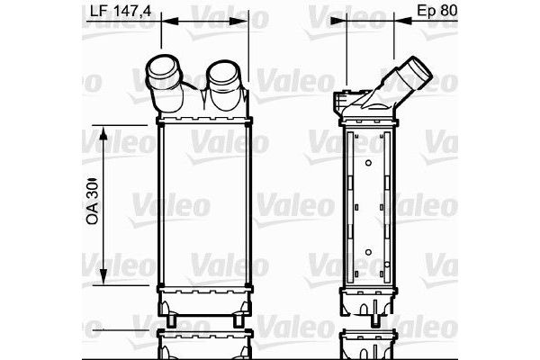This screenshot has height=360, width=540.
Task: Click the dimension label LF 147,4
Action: coord(123,11)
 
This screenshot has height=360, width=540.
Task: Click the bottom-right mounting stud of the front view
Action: coord(237,321)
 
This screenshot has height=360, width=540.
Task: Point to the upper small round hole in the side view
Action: coord(369,162)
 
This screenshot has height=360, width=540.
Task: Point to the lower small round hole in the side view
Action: coord(369,252)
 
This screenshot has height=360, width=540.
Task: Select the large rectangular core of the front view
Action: coord(202,204)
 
